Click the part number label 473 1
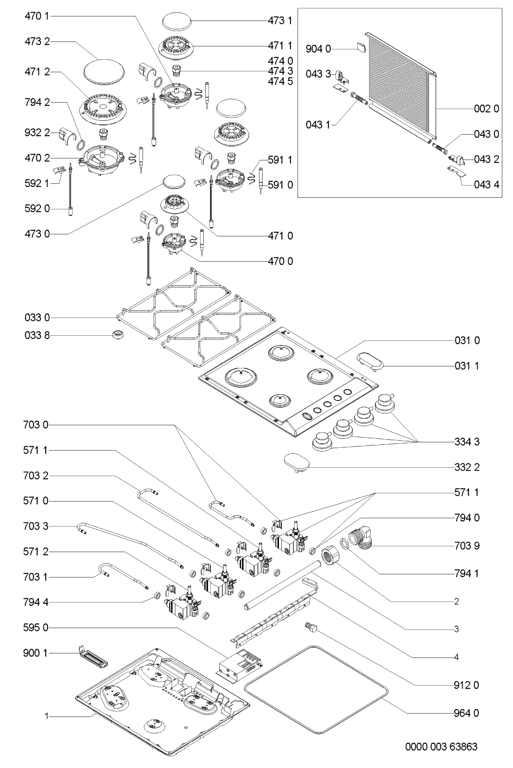(280, 21)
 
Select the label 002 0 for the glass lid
(486, 108)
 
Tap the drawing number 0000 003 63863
(441, 747)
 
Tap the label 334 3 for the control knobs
(467, 441)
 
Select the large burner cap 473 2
(105, 71)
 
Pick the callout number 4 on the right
(457, 657)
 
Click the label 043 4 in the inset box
(486, 185)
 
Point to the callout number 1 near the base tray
(47, 716)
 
